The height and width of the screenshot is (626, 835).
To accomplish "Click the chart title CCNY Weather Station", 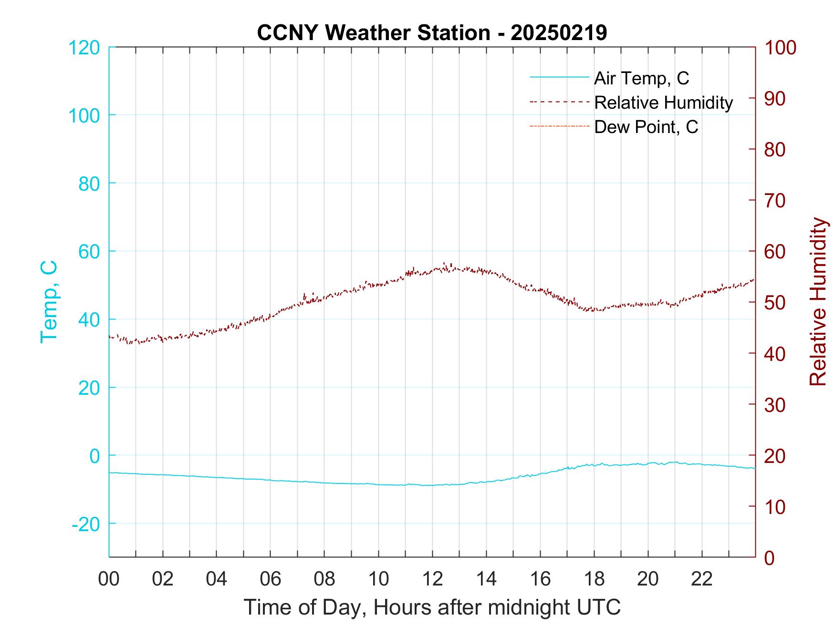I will (x=432, y=32).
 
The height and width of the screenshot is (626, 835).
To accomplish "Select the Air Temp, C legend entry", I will (x=641, y=78).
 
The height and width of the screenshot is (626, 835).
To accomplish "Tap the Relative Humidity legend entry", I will (x=663, y=103).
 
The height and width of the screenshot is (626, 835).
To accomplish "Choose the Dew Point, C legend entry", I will (x=646, y=127).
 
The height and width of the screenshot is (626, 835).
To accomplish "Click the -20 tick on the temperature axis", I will (x=86, y=524).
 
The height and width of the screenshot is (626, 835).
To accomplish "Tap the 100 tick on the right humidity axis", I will (x=780, y=48).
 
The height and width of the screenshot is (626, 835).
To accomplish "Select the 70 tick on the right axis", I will (x=775, y=201).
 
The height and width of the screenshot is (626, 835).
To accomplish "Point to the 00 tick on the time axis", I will (x=109, y=579).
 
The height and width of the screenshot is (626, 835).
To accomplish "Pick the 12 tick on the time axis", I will (x=432, y=579).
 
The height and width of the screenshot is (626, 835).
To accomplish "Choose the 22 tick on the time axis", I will (x=702, y=579).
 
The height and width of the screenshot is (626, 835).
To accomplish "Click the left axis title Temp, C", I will (x=49, y=301).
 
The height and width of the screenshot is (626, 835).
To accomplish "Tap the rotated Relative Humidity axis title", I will (x=818, y=301).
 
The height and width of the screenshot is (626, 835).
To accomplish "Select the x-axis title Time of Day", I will (x=432, y=607).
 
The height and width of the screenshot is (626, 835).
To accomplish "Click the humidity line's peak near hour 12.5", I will (x=445, y=264).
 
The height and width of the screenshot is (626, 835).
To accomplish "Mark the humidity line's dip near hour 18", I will (x=595, y=310).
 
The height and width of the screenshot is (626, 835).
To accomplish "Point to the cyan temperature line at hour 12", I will (x=432, y=485).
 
